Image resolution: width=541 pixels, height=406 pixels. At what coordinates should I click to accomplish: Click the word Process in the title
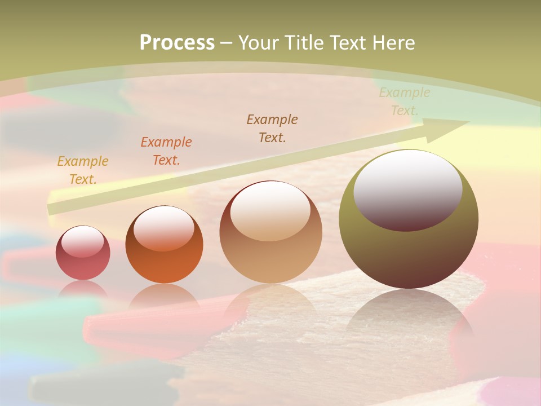(177, 43)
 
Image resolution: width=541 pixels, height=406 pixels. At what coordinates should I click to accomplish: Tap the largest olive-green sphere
(409, 248)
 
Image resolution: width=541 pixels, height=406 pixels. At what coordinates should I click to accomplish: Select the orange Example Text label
(166, 151)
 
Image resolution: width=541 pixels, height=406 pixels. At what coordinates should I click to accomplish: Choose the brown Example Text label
(272, 129)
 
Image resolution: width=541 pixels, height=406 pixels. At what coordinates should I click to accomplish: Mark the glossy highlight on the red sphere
(83, 241)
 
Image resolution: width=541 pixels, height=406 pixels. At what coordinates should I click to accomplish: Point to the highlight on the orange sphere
(164, 228)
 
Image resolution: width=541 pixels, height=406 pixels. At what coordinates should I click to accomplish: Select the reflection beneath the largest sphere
(409, 316)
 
